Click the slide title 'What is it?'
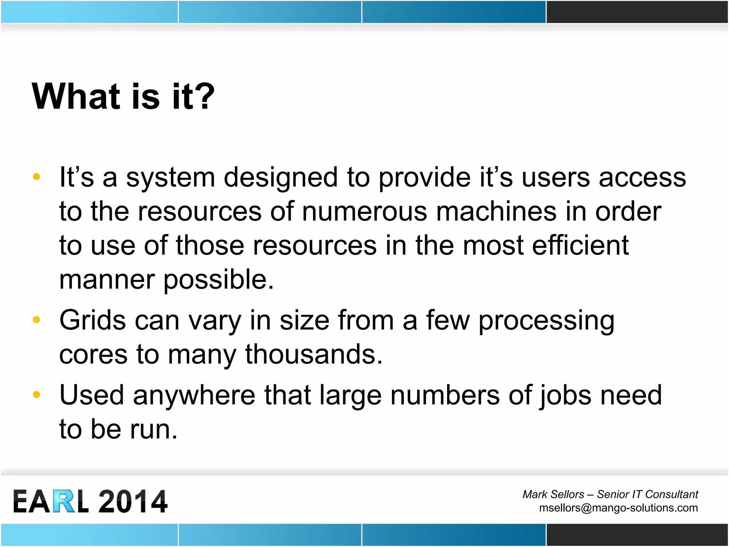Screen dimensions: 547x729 click(123, 96)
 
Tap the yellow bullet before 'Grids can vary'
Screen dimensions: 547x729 click(36, 320)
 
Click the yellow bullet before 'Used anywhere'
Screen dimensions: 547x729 click(36, 395)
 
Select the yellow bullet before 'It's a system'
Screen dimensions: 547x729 click(36, 177)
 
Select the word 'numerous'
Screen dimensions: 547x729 click(364, 211)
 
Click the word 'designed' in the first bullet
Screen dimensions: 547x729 click(280, 177)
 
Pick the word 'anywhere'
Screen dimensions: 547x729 click(194, 395)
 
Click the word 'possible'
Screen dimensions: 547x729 click(218, 280)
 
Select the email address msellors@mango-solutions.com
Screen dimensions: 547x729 click(618, 508)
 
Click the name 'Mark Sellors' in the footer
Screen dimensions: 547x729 click(553, 494)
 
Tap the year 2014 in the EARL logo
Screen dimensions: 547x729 click(132, 501)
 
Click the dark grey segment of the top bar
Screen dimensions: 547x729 click(637, 12)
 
